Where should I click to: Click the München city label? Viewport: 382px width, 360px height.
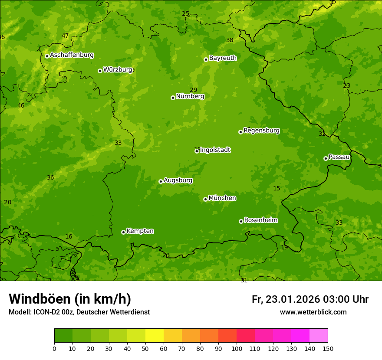click(x=222, y=198)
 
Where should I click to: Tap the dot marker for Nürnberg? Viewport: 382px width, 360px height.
click(x=173, y=98)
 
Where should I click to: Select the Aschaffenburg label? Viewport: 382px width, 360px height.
click(x=72, y=55)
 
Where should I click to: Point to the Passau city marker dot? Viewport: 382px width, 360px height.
click(x=326, y=158)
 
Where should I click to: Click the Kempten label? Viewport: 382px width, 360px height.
click(x=140, y=231)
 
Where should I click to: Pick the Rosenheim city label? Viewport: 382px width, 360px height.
click(x=260, y=220)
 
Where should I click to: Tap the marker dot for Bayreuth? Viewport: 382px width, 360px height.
click(x=206, y=59)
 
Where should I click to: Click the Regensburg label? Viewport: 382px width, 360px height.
click(x=261, y=131)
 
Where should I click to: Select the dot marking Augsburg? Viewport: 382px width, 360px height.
click(x=161, y=181)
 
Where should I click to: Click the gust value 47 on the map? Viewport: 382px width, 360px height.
click(x=65, y=36)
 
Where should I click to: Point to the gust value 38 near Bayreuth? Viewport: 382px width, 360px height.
click(x=230, y=40)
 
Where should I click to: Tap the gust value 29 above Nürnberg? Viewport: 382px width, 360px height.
click(x=193, y=90)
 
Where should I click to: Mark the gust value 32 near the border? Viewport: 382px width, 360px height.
click(x=322, y=134)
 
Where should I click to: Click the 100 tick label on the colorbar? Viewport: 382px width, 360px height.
click(x=237, y=348)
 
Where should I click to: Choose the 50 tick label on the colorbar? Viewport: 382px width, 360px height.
click(x=145, y=348)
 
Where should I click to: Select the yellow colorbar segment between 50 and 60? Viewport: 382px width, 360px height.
click(x=155, y=336)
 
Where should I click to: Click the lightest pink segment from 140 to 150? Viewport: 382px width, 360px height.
click(x=319, y=336)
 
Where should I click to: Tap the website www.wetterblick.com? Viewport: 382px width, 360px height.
click(x=313, y=312)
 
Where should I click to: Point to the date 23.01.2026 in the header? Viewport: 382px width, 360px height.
click(x=293, y=299)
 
